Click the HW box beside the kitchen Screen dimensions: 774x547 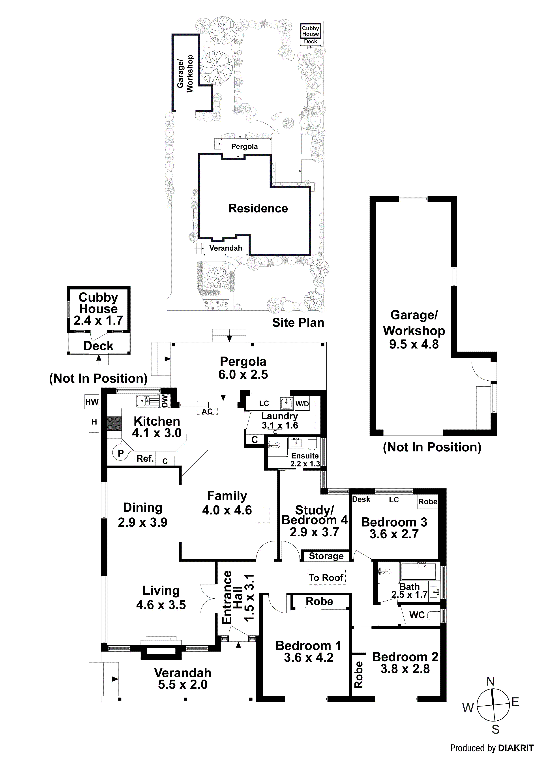(92, 402)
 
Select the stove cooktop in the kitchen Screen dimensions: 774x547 (114, 423)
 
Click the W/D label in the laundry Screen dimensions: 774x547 (302, 404)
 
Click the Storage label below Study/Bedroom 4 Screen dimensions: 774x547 (326, 556)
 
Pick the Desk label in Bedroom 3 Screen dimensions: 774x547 (361, 499)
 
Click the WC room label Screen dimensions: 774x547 (417, 615)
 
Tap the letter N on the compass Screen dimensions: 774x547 (490, 681)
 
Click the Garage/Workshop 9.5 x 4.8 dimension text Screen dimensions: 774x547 (414, 344)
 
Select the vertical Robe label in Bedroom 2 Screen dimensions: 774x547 (359, 674)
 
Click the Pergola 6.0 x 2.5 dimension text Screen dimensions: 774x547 (243, 374)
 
